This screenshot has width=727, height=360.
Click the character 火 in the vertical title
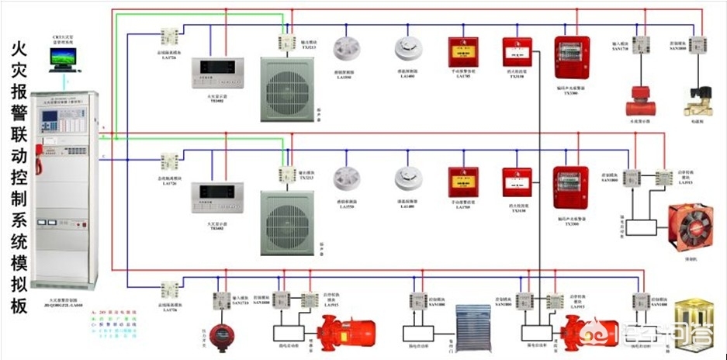tap(20, 54)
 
